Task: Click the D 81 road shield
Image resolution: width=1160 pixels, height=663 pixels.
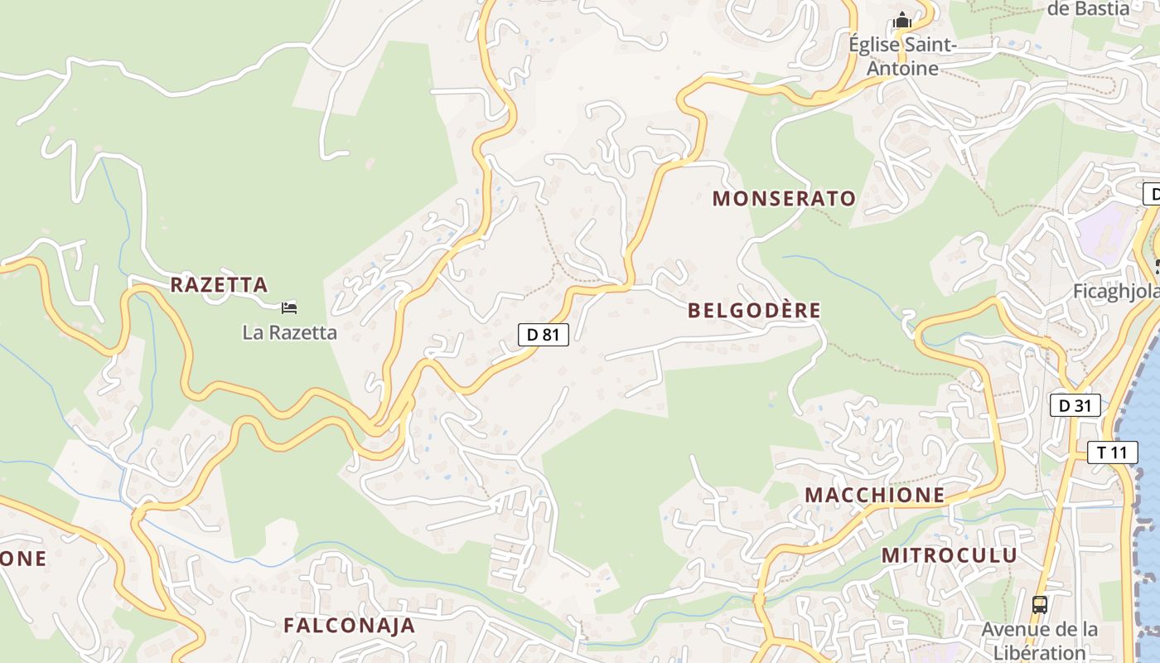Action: click(544, 334)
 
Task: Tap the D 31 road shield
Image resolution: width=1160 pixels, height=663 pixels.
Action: click(1075, 405)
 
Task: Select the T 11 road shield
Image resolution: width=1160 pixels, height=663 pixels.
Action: click(1112, 452)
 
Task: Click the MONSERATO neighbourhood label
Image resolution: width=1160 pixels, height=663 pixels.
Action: click(784, 199)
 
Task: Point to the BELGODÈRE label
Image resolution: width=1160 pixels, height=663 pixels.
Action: click(754, 311)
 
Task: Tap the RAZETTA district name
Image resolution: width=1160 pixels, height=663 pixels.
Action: click(219, 285)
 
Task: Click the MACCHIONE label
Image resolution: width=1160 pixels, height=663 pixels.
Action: click(875, 495)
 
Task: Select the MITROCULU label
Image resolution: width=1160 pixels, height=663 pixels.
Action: click(949, 555)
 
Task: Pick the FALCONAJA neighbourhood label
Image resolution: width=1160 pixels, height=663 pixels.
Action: click(349, 626)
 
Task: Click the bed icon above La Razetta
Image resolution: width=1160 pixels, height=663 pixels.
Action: click(288, 308)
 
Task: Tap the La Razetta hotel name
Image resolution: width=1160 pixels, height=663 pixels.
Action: click(289, 333)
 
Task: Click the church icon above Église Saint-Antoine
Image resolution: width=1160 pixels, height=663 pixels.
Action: click(902, 20)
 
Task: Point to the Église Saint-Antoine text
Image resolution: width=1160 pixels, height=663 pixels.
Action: click(902, 56)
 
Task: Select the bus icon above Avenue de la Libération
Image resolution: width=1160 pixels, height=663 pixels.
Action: click(1040, 605)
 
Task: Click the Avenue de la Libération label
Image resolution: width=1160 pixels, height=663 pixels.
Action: click(1040, 641)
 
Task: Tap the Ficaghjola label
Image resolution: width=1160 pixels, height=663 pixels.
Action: click(1114, 292)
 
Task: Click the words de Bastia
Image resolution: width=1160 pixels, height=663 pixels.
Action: click(1089, 9)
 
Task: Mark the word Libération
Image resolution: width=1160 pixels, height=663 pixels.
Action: click(1040, 652)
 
